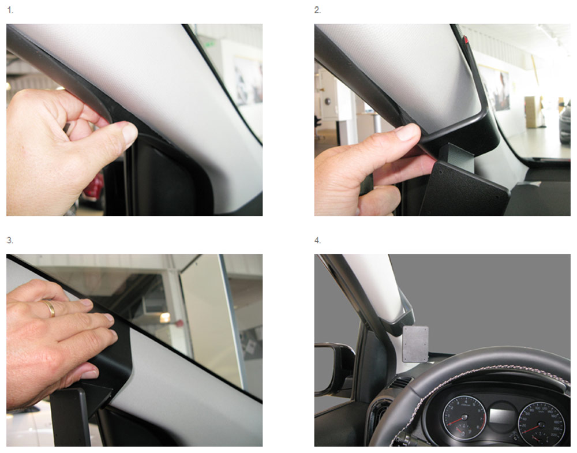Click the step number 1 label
[10, 10]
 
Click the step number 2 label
[317, 10]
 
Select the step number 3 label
[10, 241]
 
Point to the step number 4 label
[317, 241]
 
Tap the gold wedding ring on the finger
[50, 308]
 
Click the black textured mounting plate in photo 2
[464, 188]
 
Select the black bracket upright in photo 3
[70, 417]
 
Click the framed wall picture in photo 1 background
[248, 80]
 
